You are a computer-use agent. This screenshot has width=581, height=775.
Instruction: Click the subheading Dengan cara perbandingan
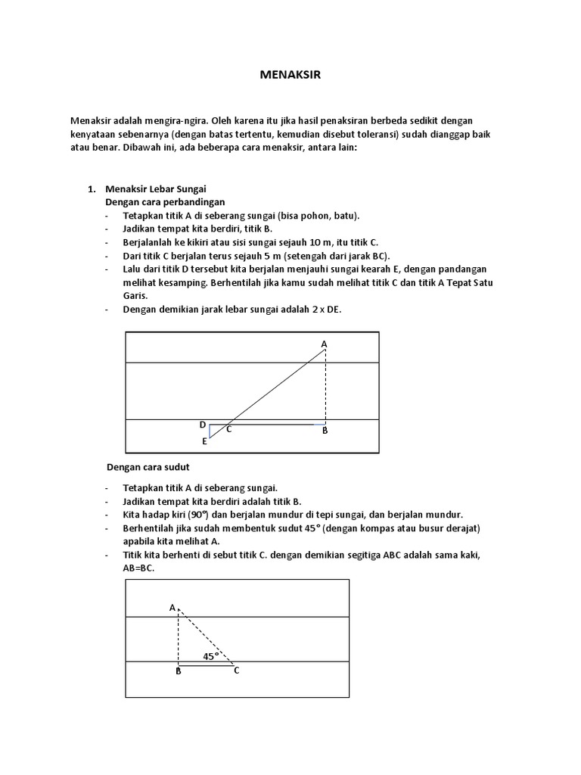point(165,202)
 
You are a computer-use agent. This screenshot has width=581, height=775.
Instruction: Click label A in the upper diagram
point(325,344)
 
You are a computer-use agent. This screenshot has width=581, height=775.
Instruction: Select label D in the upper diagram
point(203,425)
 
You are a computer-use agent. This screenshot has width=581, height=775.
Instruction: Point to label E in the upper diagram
point(204,440)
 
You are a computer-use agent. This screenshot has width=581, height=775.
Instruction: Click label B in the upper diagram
point(325,431)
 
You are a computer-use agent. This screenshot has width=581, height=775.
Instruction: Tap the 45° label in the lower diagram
point(210,656)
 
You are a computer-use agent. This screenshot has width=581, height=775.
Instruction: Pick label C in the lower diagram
point(236,671)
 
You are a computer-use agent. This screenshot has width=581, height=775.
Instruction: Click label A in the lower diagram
point(172,608)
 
